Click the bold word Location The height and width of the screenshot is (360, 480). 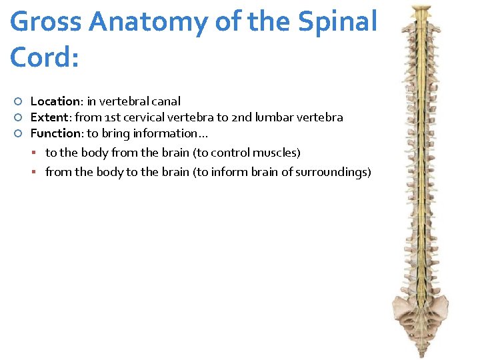click(55, 101)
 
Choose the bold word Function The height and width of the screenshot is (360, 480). click(56, 133)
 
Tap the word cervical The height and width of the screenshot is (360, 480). click(145, 117)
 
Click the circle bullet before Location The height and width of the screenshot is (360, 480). click(19, 102)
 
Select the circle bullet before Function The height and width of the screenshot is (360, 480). click(19, 134)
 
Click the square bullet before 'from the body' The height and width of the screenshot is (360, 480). click(39, 173)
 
